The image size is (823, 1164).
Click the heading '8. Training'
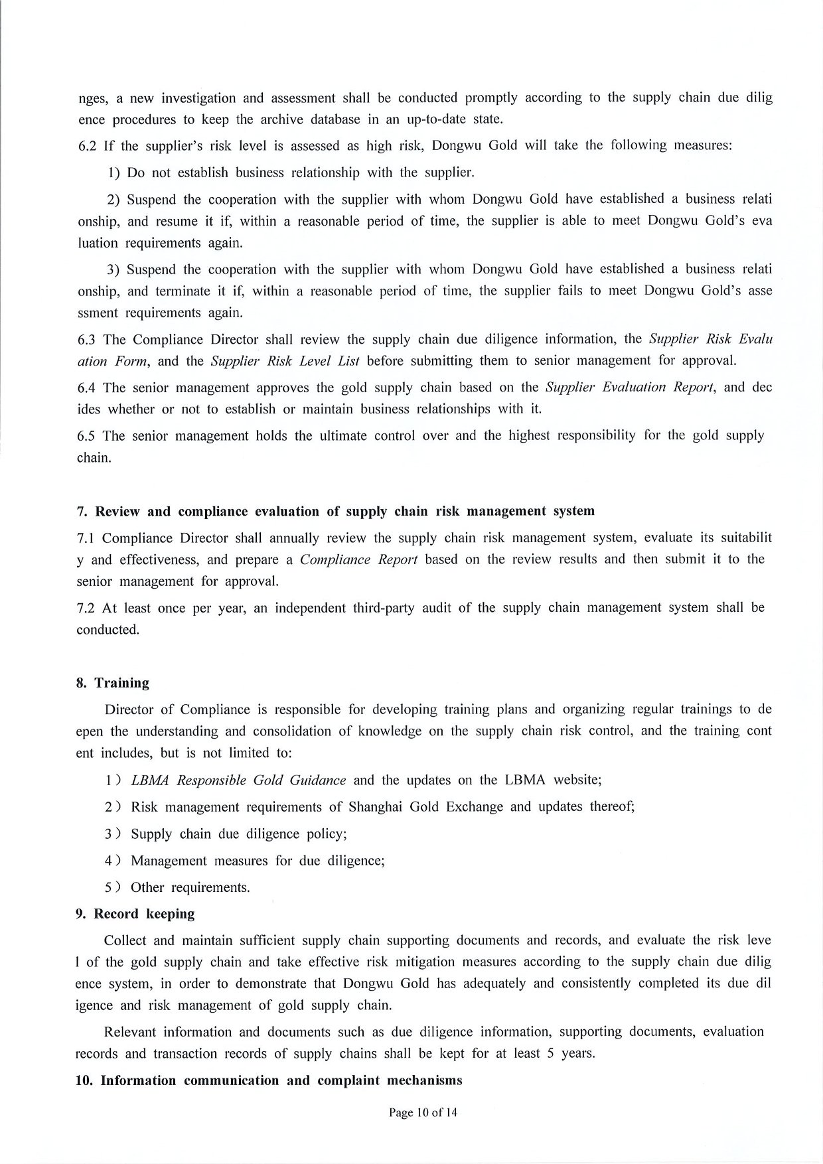coord(112,683)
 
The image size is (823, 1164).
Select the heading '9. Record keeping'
coord(135,914)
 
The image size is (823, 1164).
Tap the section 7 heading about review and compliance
coord(336,511)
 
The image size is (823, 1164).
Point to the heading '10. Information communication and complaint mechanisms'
coord(269,1080)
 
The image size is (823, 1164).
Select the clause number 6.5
coord(87,436)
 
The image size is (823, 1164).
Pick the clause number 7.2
coord(86,608)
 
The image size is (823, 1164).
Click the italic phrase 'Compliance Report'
coord(358,559)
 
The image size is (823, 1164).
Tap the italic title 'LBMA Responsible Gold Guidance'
coord(238,780)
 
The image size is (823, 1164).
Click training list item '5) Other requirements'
coord(178,887)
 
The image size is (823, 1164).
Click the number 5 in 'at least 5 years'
coord(550,1054)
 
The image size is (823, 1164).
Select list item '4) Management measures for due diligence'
coord(245,861)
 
